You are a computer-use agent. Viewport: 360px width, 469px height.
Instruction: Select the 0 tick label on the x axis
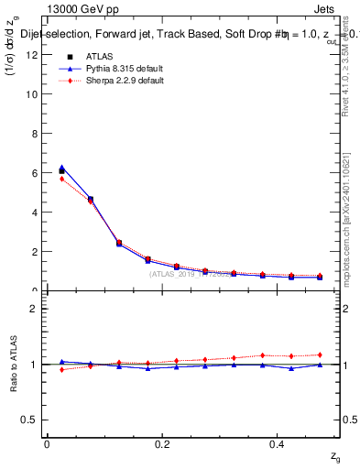click(47, 443)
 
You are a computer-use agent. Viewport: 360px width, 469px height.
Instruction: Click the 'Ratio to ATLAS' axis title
click(14, 364)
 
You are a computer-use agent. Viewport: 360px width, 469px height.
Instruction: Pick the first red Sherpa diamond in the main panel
click(61, 179)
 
